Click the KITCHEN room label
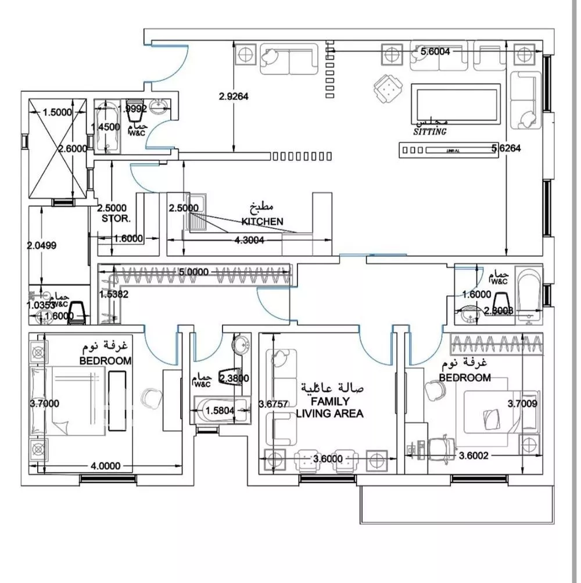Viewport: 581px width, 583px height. [x=263, y=221]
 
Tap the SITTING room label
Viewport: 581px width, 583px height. [x=430, y=132]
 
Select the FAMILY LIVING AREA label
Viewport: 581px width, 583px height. [x=330, y=407]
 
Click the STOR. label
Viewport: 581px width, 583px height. [x=116, y=219]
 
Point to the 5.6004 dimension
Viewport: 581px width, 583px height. [x=435, y=51]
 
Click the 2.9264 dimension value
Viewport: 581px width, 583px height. [x=234, y=97]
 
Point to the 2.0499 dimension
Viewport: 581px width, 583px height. [x=42, y=245]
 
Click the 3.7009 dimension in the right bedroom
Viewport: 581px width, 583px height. [x=522, y=403]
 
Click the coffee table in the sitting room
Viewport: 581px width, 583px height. [x=455, y=102]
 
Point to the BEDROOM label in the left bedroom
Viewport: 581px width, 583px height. [x=106, y=360]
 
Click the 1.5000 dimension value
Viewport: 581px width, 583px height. [x=57, y=112]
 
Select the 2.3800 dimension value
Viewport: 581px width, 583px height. [x=234, y=378]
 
